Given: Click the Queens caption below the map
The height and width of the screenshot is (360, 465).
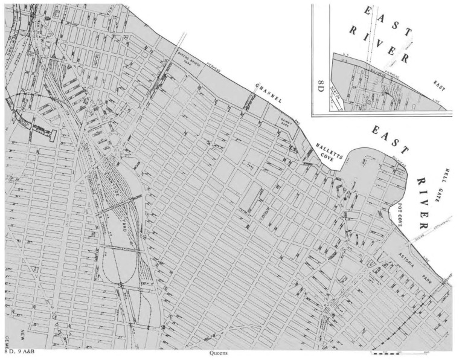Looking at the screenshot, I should tap(218, 353).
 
